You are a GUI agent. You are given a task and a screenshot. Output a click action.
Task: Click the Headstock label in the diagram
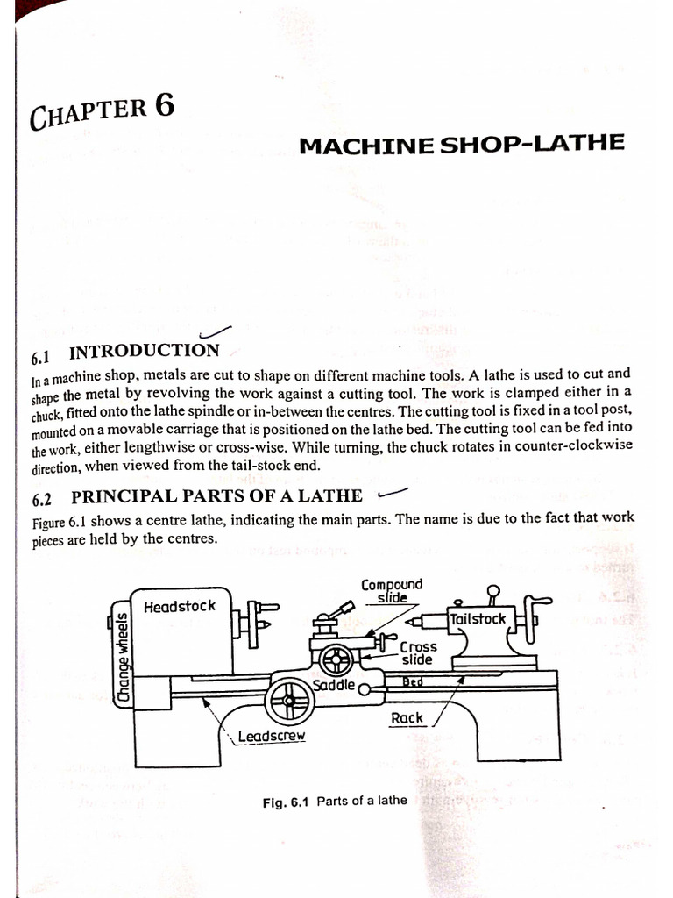coord(179,606)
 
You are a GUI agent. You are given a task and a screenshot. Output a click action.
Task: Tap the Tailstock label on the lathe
coord(478,619)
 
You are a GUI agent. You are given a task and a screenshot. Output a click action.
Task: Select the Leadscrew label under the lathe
coord(271,737)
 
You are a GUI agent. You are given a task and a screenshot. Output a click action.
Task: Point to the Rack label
coord(407,717)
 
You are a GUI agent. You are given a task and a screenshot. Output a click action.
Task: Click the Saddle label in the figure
coord(334,684)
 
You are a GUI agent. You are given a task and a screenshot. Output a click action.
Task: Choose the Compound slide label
coord(392,590)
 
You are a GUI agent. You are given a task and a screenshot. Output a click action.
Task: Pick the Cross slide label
coord(418,653)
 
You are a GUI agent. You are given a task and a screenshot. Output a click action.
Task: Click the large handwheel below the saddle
coord(289,702)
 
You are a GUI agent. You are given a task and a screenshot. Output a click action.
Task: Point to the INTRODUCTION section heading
coord(145,352)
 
